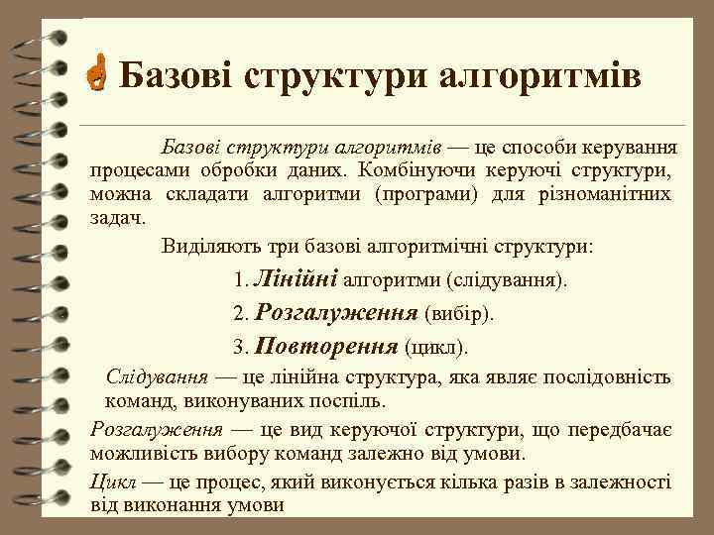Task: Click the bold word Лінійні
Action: (x=297, y=279)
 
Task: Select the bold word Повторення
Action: (x=326, y=348)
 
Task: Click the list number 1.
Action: (x=242, y=281)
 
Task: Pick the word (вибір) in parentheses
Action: (x=458, y=316)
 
